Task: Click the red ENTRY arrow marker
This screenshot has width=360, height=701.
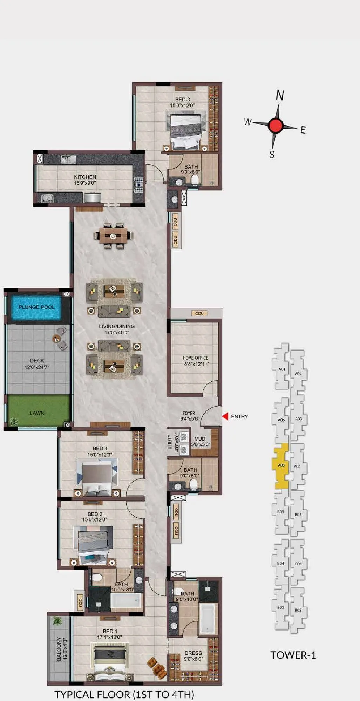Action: pos(225,416)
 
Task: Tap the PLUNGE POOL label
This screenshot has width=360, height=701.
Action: pos(36,307)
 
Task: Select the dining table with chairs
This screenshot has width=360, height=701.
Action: pos(113,236)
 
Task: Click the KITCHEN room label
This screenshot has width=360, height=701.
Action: pos(85,177)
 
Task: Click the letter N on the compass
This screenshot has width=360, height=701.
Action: pos(280,95)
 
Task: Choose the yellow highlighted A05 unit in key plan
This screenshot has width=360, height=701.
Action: pos(280,466)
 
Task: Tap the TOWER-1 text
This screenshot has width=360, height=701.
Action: pos(293,655)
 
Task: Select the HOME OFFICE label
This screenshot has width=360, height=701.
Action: pos(195,358)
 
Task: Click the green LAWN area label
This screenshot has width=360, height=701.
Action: pos(37,413)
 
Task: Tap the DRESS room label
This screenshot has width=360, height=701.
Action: pos(193,653)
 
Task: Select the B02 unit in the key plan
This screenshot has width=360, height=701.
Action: pos(298,610)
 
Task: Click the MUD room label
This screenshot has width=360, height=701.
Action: pos(200,439)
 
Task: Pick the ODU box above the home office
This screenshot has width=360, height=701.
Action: pos(199,313)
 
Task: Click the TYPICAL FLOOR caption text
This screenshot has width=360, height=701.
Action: pos(124,694)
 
